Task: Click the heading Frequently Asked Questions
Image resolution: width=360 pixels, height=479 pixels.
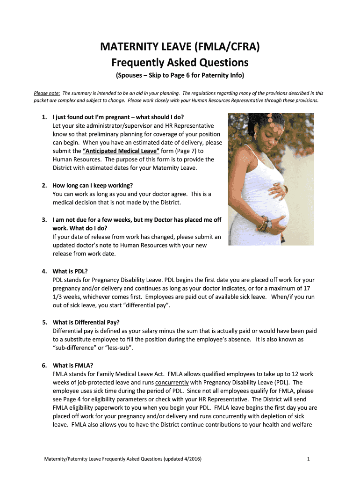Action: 180,62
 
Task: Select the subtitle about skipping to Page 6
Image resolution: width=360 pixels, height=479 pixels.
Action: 180,76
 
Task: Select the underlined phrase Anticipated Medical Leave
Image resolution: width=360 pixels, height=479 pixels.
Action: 121,151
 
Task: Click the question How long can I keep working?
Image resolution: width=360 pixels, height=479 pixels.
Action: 93,185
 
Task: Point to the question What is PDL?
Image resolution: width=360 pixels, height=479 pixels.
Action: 70,271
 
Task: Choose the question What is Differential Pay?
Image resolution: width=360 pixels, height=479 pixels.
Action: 86,322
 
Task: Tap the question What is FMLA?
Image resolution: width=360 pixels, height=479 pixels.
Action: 73,365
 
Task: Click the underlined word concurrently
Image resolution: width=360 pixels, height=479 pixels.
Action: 172,382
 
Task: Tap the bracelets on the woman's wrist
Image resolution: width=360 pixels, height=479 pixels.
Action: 264,223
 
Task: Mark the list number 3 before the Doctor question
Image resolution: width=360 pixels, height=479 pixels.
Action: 44,219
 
